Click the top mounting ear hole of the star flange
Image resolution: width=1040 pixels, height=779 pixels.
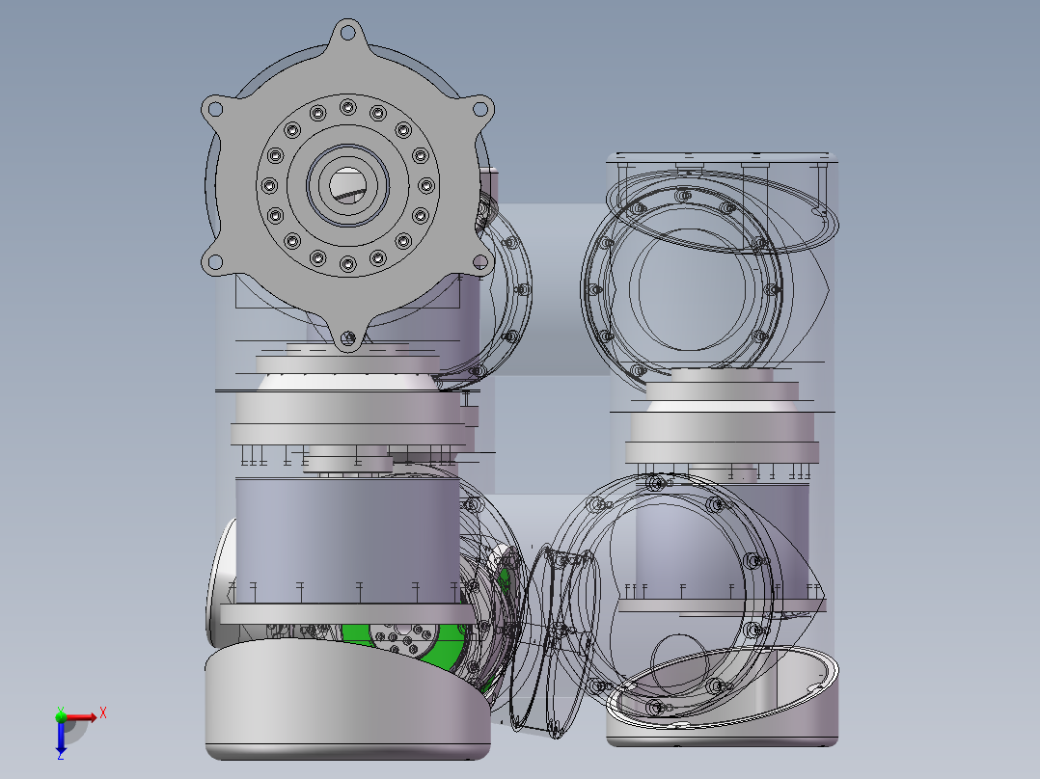click(347, 31)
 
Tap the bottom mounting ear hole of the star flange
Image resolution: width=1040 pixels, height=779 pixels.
click(347, 338)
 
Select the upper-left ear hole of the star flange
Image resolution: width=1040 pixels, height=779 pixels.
click(213, 109)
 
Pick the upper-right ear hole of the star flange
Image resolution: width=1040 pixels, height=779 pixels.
click(480, 108)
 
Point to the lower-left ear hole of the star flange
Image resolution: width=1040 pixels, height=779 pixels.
click(213, 262)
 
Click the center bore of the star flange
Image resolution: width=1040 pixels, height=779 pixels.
click(347, 185)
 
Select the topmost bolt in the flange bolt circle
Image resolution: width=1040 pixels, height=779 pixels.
click(347, 107)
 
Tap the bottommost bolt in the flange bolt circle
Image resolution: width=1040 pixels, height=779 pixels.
click(347, 264)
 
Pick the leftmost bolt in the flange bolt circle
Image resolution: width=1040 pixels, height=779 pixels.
click(269, 186)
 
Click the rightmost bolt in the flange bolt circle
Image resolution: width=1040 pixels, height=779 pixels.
click(426, 186)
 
